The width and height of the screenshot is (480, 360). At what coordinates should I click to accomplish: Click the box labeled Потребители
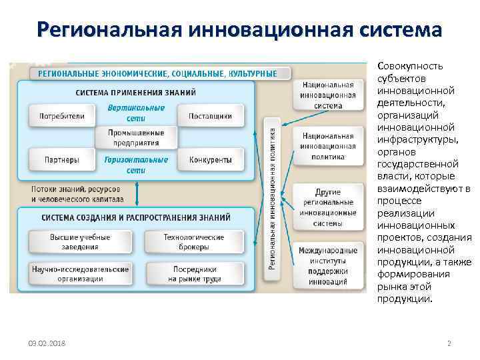[62, 116]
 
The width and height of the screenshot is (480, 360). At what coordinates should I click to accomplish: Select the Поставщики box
[211, 116]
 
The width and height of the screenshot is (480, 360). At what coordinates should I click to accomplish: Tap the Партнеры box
[62, 160]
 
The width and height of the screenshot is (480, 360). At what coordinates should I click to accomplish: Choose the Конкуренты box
[211, 160]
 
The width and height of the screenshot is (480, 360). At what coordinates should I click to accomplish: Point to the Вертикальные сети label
[136, 112]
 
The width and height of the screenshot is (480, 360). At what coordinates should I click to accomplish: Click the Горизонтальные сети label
[136, 165]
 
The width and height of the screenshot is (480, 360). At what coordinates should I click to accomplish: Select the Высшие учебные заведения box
[80, 241]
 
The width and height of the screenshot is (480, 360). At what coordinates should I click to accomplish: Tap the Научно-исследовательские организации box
[80, 273]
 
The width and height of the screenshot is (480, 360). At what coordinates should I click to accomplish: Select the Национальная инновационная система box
[329, 95]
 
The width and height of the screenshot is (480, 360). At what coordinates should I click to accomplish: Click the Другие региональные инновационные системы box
[329, 203]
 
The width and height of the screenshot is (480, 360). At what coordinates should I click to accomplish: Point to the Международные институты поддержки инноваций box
[328, 266]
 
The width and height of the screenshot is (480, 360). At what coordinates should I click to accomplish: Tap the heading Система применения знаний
[136, 91]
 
